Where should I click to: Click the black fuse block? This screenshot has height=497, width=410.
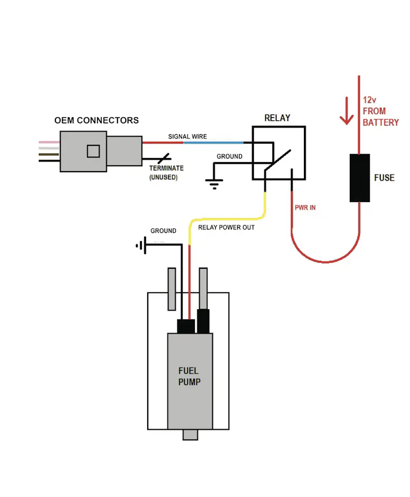[x=359, y=178]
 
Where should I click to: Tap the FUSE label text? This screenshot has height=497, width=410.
[x=384, y=178]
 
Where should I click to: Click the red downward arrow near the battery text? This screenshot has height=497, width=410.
[x=347, y=111]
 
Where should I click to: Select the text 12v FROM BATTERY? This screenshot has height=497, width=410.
[x=381, y=111]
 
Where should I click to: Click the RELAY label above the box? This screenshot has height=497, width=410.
[x=277, y=118]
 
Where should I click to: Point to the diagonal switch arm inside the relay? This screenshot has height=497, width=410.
[x=278, y=160]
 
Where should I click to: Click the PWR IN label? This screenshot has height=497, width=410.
[x=305, y=207]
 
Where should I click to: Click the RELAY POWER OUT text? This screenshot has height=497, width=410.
[x=226, y=227]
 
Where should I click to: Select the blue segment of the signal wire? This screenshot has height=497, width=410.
[x=213, y=142]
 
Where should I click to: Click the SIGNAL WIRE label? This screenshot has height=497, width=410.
[x=187, y=136]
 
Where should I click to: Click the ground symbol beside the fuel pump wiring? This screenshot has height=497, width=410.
[x=141, y=245]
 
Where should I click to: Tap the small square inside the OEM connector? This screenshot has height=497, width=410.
[x=93, y=151]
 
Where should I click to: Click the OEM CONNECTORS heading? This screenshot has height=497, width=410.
[x=97, y=120]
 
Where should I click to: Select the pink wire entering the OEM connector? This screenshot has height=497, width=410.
[x=49, y=142]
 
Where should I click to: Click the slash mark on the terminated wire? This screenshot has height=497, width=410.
[x=164, y=159]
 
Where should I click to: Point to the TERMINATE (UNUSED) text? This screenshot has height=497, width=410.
[x=166, y=172]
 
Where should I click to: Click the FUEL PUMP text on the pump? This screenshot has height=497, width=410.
[x=189, y=376]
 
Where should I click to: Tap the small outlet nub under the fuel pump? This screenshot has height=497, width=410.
[x=190, y=434]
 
